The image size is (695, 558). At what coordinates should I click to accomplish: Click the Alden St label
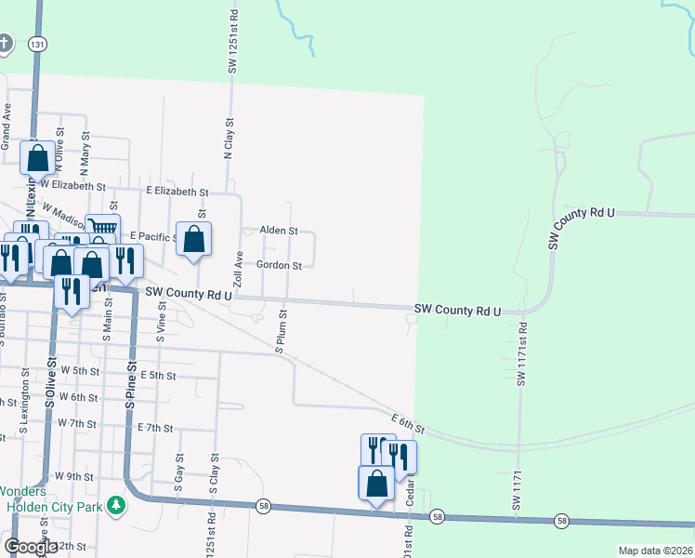click(278, 231)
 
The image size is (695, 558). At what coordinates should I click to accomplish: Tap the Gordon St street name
click(279, 266)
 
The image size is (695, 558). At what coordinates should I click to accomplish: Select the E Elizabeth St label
click(177, 192)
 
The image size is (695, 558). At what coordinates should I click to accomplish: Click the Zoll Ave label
click(239, 268)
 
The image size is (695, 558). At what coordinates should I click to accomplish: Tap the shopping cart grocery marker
click(102, 227)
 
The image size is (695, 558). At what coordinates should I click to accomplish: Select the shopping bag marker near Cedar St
click(376, 484)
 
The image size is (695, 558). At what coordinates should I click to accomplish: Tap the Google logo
click(31, 547)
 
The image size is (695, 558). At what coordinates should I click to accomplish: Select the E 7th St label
click(155, 428)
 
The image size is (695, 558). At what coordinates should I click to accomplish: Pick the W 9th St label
click(73, 476)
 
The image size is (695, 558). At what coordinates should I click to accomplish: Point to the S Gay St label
click(177, 472)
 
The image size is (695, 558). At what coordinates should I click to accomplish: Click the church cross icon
click(5, 43)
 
